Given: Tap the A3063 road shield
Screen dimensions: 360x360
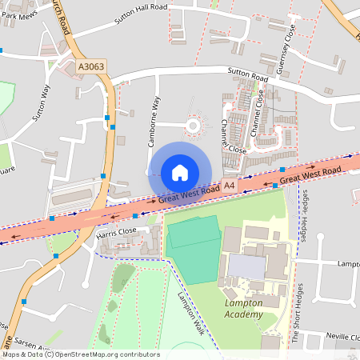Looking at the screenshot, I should pos(91,70).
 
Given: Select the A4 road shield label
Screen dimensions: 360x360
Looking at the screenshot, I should pos(230,186).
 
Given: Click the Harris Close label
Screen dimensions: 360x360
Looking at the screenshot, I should pos(118,234).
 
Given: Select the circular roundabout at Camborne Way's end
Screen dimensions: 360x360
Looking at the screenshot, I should pos(194,124).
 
